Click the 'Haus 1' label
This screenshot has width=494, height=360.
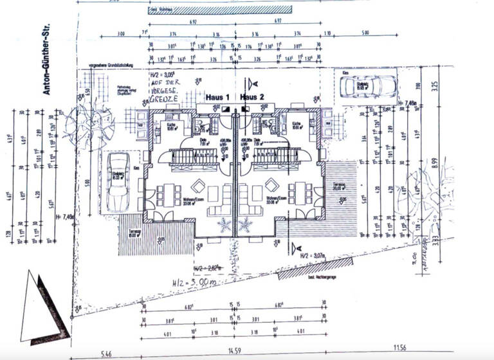tap(219, 96)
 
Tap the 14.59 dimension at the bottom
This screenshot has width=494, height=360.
tap(236, 352)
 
